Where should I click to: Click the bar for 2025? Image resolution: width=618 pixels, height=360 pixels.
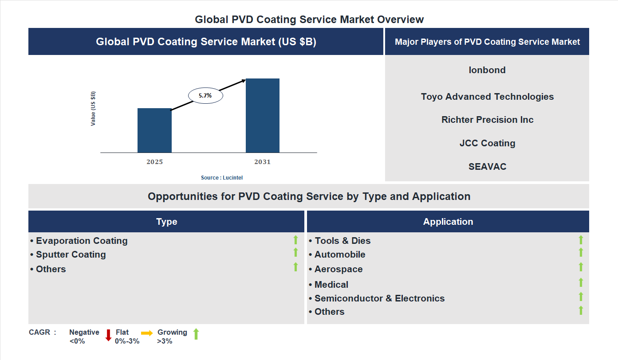(x=154, y=130)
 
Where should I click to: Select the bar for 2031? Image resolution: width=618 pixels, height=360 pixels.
(x=263, y=116)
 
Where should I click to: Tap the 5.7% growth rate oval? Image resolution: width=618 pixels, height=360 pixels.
(x=205, y=95)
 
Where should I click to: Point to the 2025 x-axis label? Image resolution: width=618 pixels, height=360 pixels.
(x=154, y=162)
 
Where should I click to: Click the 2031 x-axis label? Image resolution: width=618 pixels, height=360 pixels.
(x=262, y=162)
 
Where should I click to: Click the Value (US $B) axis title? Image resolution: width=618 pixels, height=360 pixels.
(x=93, y=109)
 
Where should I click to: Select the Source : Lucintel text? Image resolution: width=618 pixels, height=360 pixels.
(x=222, y=178)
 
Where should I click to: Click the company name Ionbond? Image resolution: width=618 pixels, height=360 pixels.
(x=487, y=70)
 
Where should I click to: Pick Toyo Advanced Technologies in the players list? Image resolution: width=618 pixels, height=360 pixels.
(x=487, y=97)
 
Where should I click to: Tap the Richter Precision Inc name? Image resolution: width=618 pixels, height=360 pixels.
(x=487, y=120)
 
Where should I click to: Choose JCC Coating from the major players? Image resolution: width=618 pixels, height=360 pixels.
(x=487, y=143)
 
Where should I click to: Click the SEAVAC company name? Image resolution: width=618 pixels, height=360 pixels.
(x=487, y=167)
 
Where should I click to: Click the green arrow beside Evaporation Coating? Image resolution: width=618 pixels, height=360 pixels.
(x=295, y=240)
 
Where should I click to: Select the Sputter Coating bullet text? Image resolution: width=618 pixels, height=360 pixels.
(x=71, y=254)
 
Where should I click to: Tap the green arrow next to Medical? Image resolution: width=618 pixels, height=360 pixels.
(x=581, y=282)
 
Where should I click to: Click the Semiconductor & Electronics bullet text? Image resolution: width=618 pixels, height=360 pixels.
(x=379, y=298)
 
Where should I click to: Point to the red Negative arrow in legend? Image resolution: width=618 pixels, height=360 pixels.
(x=108, y=335)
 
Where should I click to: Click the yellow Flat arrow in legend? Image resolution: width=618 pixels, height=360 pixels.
(x=147, y=333)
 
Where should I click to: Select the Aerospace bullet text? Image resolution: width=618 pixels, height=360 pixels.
(x=338, y=269)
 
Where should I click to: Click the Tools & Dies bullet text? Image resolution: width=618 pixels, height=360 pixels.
(x=342, y=241)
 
